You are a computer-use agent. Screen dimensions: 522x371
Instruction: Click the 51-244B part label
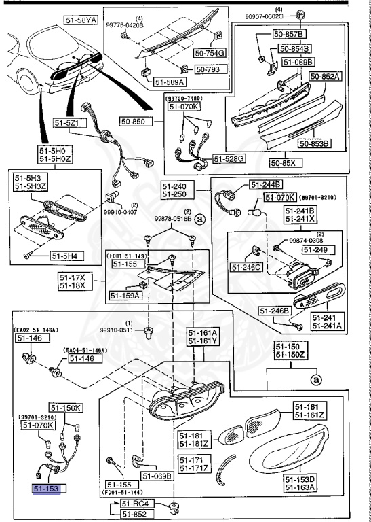click(x=267, y=185)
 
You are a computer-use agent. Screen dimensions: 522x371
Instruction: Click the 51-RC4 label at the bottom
click(x=138, y=504)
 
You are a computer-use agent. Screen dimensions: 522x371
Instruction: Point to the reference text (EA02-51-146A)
click(x=35, y=328)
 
